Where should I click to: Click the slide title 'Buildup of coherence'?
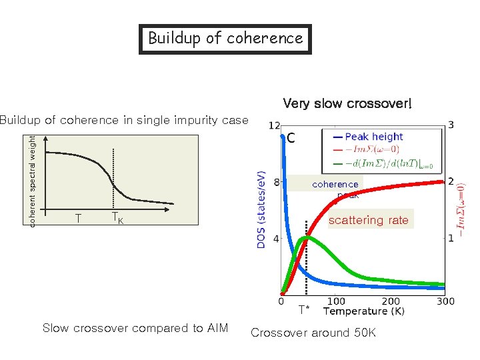click(x=225, y=39)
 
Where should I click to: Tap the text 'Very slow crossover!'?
click(x=347, y=103)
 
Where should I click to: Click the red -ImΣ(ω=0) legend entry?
click(x=377, y=150)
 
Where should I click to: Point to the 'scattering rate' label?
click(x=369, y=220)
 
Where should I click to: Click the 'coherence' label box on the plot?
click(x=335, y=184)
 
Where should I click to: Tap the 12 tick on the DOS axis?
click(x=273, y=126)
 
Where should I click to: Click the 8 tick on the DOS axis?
click(x=276, y=183)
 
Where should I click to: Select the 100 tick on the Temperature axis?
click(x=336, y=302)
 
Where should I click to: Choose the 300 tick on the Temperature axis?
click(x=445, y=302)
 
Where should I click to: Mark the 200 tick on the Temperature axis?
click(x=391, y=302)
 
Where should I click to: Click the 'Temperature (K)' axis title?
click(x=364, y=311)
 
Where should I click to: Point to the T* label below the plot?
click(x=303, y=309)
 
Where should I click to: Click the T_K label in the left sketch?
click(x=117, y=218)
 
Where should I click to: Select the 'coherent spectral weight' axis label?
click(x=33, y=180)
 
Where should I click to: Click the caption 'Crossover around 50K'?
click(x=313, y=333)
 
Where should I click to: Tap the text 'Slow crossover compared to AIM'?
click(x=135, y=328)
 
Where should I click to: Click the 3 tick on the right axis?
click(x=451, y=125)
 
